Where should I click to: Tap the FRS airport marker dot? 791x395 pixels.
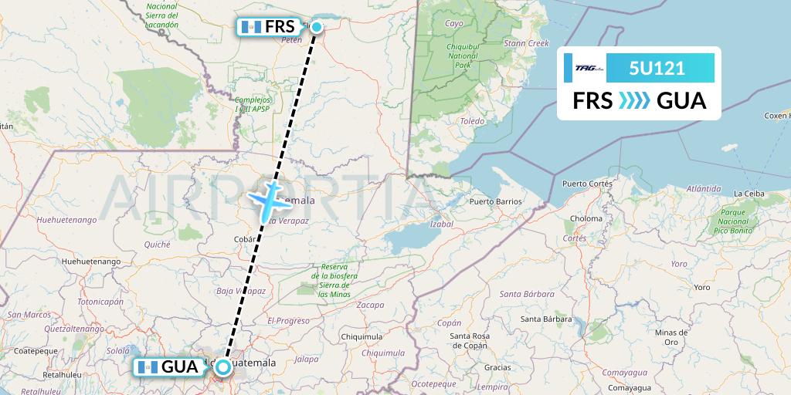pyautogui.click(x=317, y=26)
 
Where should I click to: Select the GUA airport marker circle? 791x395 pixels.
pyautogui.click(x=223, y=367)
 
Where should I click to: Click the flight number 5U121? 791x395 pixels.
pyautogui.click(x=657, y=68)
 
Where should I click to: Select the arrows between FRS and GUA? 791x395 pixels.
pyautogui.click(x=634, y=101)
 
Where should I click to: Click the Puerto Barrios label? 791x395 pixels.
pyautogui.click(x=495, y=201)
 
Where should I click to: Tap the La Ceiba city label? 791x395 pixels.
pyautogui.click(x=749, y=193)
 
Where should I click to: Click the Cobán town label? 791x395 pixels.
pyautogui.click(x=245, y=239)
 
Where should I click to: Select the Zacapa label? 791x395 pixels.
pyautogui.click(x=370, y=305)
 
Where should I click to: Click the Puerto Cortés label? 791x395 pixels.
pyautogui.click(x=587, y=184)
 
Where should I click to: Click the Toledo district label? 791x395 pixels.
pyautogui.click(x=472, y=121)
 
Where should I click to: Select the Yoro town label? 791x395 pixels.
pyautogui.click(x=701, y=287)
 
